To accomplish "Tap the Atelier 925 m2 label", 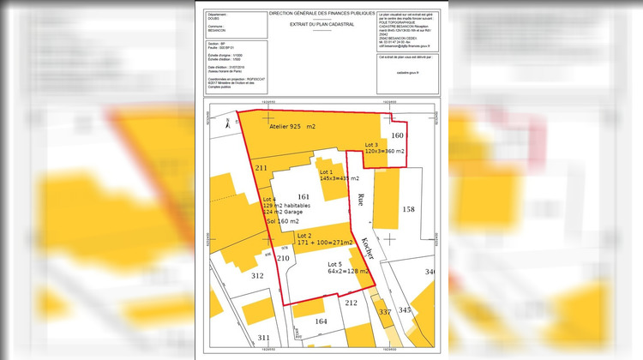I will (292, 126).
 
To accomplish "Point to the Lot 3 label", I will (371, 144).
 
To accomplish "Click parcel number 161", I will (303, 196).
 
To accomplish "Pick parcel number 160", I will (396, 135).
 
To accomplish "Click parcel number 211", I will (261, 168).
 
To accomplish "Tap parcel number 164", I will (321, 321).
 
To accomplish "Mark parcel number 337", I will (385, 311).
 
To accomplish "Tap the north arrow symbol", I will (226, 123).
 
